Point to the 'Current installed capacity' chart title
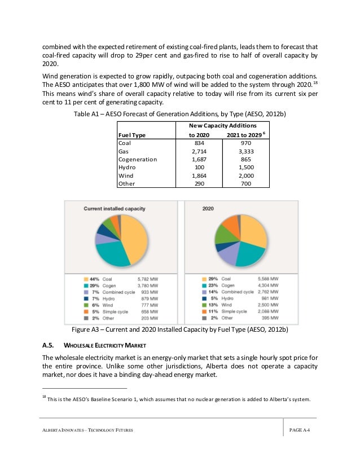pos(108,209)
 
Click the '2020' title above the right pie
pos(209,209)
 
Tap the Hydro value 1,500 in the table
pos(243,167)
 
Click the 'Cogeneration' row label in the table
pos(138,159)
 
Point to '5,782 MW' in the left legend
pos(148,279)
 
